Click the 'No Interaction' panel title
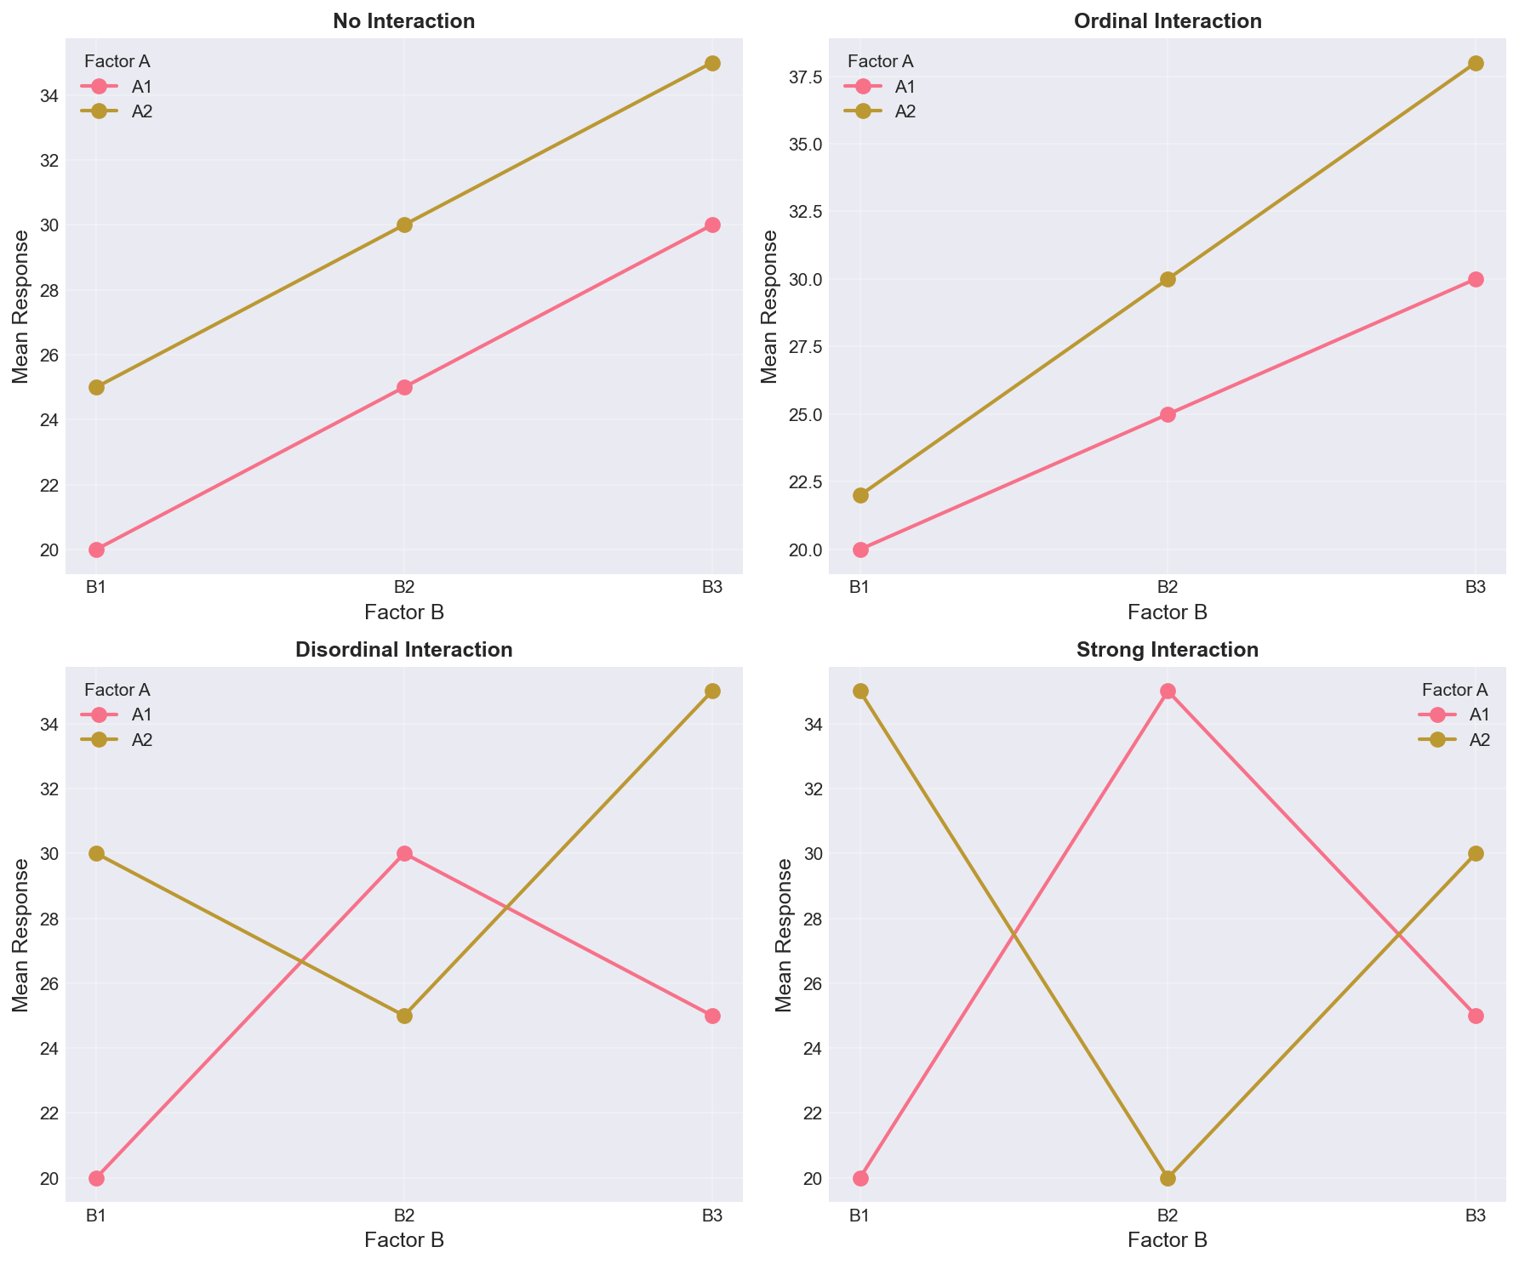tap(404, 22)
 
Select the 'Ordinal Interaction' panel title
tap(1168, 22)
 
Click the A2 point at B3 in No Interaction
tap(713, 64)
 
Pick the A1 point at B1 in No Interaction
tap(96, 549)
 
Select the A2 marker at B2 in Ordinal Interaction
tap(1168, 279)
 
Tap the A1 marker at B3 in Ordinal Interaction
tap(1476, 279)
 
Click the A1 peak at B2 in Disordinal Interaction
tap(404, 853)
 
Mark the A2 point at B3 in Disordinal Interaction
tap(713, 692)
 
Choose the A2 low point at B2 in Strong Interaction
tap(1168, 1178)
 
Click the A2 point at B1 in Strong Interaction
tap(860, 692)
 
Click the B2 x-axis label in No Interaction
tap(404, 588)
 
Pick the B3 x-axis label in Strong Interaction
tap(1476, 1216)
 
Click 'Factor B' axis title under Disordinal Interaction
tap(404, 1240)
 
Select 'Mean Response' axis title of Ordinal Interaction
tap(769, 306)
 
